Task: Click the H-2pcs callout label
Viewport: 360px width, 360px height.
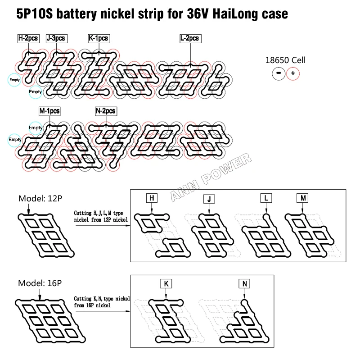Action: click(28, 38)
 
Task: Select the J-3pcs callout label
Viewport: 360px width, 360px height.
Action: click(57, 38)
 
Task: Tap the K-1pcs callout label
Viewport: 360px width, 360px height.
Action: click(99, 38)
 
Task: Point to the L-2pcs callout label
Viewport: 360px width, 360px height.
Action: click(190, 38)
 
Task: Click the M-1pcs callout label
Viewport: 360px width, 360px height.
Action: click(49, 111)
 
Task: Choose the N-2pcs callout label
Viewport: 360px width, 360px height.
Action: click(106, 111)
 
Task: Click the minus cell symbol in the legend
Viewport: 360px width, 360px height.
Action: click(279, 73)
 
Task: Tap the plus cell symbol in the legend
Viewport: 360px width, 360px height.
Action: click(293, 73)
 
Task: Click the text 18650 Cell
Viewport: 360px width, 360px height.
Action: click(285, 60)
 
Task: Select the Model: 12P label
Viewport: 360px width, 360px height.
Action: click(40, 198)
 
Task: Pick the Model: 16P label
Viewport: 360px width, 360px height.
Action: click(40, 283)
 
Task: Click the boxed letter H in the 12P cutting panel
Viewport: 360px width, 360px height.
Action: click(152, 198)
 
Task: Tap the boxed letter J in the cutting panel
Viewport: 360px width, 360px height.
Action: click(209, 199)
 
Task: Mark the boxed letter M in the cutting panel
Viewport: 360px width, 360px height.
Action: click(302, 198)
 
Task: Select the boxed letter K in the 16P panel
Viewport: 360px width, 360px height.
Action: click(166, 284)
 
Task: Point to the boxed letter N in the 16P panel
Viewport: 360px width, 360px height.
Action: click(244, 283)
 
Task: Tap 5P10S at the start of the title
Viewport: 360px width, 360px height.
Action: click(35, 14)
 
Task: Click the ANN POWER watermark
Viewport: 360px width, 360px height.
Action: click(211, 177)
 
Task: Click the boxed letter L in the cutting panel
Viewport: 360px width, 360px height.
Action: click(266, 198)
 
